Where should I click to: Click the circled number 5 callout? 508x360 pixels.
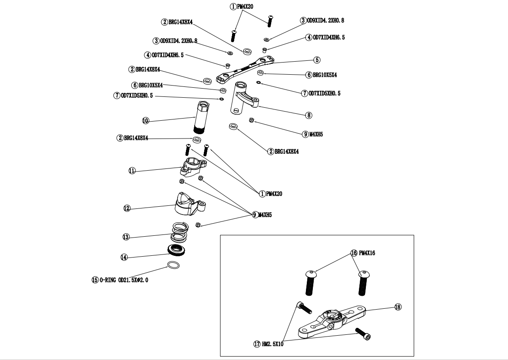tap(317, 60)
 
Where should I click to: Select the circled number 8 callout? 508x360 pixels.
tap(309, 116)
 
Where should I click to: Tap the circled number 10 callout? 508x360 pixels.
tap(146, 120)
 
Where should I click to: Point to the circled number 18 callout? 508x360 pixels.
tap(398, 307)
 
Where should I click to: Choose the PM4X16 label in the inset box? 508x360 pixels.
tap(367, 253)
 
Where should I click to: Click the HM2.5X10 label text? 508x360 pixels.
tap(272, 344)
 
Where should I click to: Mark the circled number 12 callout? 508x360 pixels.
tap(127, 208)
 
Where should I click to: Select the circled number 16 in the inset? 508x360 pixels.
tap(354, 253)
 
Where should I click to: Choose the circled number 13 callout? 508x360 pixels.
tap(126, 237)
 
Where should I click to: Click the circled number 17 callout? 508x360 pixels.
tap(257, 344)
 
